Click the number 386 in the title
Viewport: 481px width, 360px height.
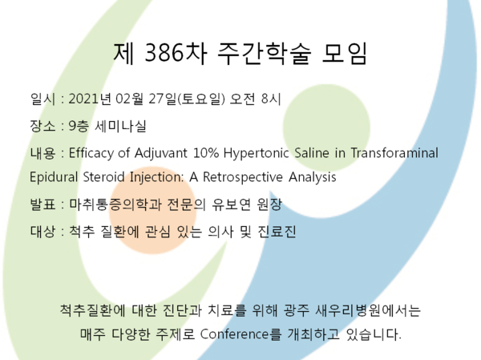(164, 52)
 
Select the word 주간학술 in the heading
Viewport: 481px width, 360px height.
(264, 53)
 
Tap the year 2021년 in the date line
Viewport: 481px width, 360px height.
(89, 99)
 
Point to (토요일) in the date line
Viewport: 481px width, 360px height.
(201, 99)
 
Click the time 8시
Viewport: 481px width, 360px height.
(271, 99)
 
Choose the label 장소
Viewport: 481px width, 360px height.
(42, 126)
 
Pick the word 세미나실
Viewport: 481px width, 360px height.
(120, 126)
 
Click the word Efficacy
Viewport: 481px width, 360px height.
(91, 153)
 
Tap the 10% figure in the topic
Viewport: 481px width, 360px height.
(206, 153)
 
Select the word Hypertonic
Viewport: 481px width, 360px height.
(257, 153)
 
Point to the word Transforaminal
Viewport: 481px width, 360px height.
(394, 153)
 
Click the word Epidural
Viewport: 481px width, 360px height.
(54, 177)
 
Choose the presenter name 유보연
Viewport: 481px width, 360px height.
(232, 204)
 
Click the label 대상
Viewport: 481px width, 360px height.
(42, 232)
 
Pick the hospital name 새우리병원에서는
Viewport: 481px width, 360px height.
(368, 310)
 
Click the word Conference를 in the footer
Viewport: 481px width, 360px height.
(240, 334)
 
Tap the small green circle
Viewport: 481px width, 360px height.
(326, 127)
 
